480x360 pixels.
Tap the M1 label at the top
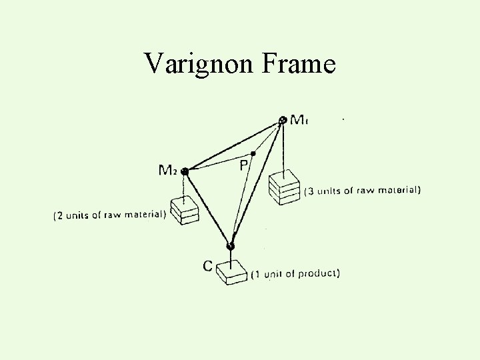pyautogui.click(x=299, y=120)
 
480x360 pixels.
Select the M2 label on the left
pyautogui.click(x=167, y=170)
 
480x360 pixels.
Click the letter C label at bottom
pyautogui.click(x=208, y=265)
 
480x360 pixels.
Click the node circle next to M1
pyautogui.click(x=283, y=120)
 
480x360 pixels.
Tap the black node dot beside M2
pyautogui.click(x=185, y=171)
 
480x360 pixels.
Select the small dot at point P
pyautogui.click(x=253, y=153)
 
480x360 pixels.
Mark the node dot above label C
pyautogui.click(x=231, y=247)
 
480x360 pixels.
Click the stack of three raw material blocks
pyautogui.click(x=285, y=185)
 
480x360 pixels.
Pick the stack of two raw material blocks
pyautogui.click(x=184, y=209)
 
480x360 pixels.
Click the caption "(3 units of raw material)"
pyautogui.click(x=362, y=191)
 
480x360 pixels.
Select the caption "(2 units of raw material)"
pyautogui.click(x=109, y=215)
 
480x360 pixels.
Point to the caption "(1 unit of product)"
pyautogui.click(x=295, y=273)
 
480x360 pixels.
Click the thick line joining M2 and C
pyautogui.click(x=207, y=208)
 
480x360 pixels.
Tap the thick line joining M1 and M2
pyautogui.click(x=233, y=146)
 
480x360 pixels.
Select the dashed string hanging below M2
pyautogui.click(x=184, y=185)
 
